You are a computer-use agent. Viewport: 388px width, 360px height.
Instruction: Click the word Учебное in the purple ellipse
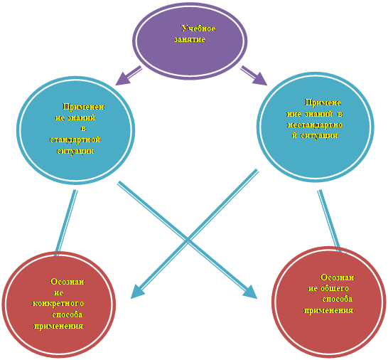198,28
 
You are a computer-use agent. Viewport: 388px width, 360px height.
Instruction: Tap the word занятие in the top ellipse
190,39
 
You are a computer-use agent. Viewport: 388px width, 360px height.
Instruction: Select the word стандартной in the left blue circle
75,139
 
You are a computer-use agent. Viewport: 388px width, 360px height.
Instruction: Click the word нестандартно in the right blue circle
315,125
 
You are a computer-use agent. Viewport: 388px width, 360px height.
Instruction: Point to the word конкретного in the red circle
58,304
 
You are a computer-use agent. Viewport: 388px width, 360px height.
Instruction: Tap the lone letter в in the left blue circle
83,129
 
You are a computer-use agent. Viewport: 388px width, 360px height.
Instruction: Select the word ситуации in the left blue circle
75,151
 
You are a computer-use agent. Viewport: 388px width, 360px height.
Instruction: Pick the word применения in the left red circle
58,326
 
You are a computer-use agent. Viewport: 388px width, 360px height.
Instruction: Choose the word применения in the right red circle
328,311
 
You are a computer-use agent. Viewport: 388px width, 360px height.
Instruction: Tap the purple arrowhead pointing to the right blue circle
259,79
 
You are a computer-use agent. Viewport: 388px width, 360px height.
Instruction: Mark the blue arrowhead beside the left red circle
137,292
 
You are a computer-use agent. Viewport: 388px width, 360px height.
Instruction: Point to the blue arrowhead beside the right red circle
250,292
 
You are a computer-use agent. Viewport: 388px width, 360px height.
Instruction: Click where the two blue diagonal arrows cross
188,240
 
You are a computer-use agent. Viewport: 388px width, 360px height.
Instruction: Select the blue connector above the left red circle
66,223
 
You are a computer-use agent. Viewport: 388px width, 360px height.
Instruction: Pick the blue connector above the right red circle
329,221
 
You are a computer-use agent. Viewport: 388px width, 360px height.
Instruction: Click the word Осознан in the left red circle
68,282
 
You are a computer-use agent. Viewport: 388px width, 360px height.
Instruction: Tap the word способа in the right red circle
337,300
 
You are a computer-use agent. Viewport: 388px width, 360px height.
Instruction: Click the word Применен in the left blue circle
83,107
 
